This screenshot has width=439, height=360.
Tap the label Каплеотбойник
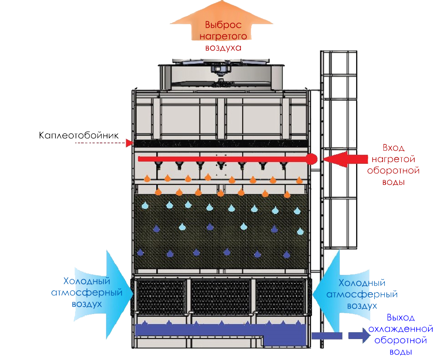pyautogui.click(x=79, y=135)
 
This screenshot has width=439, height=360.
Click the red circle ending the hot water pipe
pyautogui.click(x=311, y=159)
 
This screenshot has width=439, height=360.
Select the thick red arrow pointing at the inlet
pyautogui.click(x=345, y=159)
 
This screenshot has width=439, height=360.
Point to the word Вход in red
pyautogui.click(x=393, y=148)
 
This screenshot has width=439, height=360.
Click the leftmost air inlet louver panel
pyautogui.click(x=160, y=296)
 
